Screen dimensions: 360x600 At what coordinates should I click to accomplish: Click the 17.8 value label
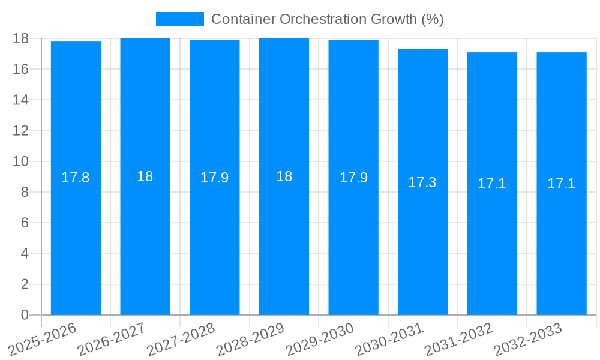[76, 178]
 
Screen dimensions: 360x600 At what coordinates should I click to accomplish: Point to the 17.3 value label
[422, 182]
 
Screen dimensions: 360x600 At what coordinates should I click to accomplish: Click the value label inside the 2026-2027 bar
[145, 176]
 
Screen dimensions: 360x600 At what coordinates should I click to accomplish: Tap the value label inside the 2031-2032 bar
[492, 184]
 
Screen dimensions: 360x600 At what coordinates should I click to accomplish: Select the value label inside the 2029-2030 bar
[353, 178]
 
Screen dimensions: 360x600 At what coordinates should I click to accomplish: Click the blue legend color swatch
[179, 19]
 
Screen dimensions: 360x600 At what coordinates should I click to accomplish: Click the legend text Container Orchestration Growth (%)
[328, 19]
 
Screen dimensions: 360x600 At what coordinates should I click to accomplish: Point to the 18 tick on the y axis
[20, 38]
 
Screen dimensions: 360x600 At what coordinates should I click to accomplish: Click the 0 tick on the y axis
[25, 315]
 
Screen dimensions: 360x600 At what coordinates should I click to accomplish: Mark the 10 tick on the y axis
[20, 161]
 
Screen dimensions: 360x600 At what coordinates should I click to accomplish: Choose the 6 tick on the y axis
[25, 223]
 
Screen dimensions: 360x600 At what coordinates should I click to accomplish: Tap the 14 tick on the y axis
[20, 100]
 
